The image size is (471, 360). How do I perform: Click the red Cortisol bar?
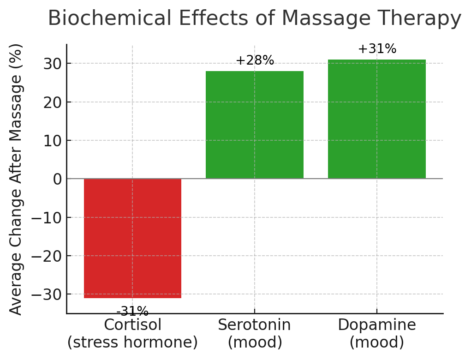(132, 238)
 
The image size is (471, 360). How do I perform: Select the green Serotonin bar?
(255, 125)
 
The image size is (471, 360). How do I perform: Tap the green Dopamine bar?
(377, 119)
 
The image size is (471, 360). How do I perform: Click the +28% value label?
(255, 60)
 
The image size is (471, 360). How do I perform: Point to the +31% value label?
(377, 49)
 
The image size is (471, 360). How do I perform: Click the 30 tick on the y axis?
(53, 64)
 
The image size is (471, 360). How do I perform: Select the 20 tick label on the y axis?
(53, 102)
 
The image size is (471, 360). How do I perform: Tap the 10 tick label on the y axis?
(53, 141)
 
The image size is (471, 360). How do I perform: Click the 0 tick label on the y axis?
(57, 179)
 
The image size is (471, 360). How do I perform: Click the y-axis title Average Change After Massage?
(16, 179)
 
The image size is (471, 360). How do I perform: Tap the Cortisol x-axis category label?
(132, 325)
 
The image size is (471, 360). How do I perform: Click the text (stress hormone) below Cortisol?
(132, 342)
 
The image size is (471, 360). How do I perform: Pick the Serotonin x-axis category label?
(255, 325)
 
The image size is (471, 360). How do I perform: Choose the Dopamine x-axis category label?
(377, 325)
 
